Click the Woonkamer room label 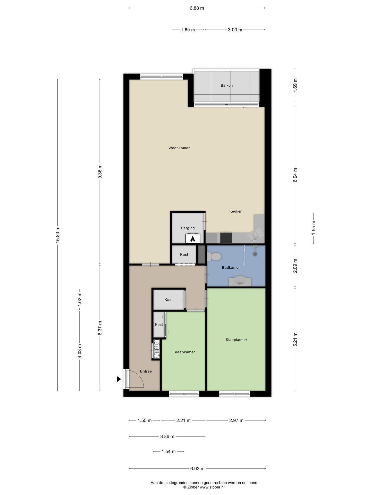pos(179,148)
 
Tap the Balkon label pos(226,85)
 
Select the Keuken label pos(236,211)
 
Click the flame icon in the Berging pos(192,239)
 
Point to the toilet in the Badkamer pos(214,257)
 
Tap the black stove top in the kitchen pos(226,238)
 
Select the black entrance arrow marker pos(119,379)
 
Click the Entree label pos(146,371)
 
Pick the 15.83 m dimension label pos(58,235)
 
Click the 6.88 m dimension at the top pos(197,8)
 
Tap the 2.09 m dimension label pos(295,266)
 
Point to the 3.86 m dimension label pos(167,436)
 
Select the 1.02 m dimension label pos(80,299)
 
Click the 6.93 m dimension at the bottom pos(197,469)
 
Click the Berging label pos(188,228)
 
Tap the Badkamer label pos(231,268)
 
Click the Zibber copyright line pos(204,487)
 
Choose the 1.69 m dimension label pos(295,84)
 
